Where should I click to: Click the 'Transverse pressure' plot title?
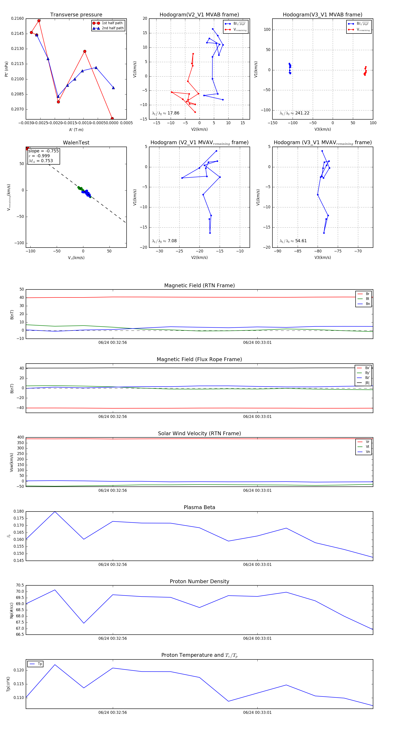(76, 15)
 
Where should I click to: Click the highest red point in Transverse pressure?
(39, 21)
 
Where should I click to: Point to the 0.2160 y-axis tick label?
(17, 18)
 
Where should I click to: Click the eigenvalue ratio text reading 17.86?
(166, 113)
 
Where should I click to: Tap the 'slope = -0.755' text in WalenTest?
(43, 151)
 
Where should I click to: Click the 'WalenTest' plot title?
(76, 143)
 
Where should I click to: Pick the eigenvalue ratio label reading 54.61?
(293, 241)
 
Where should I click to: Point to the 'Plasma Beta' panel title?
(199, 508)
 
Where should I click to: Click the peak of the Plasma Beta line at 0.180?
(55, 512)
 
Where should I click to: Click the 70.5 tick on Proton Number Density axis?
(20, 585)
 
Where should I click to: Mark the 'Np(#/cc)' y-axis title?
(12, 610)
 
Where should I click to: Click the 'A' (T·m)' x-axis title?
(76, 130)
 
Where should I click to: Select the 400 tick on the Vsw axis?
(20, 437)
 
